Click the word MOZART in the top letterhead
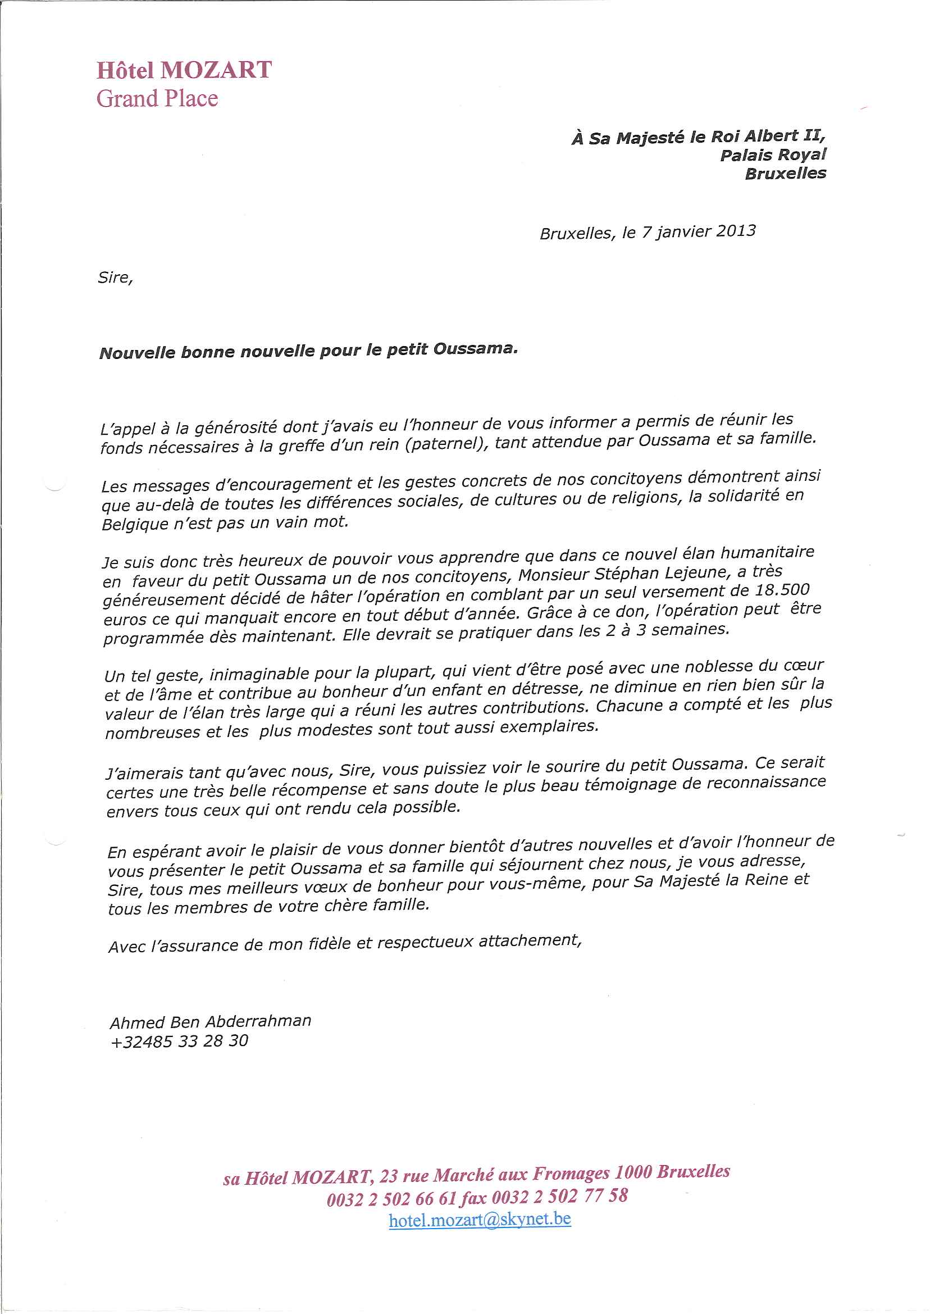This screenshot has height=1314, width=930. tap(216, 70)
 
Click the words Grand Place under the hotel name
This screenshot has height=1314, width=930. tap(157, 98)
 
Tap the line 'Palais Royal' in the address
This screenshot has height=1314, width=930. tap(773, 154)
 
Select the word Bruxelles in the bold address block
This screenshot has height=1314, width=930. tap(785, 174)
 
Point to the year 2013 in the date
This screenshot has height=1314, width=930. tap(736, 230)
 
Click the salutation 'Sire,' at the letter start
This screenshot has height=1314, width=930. tap(115, 278)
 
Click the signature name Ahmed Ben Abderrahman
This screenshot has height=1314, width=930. tap(210, 1021)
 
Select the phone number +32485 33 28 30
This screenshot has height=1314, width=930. tap(179, 1041)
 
